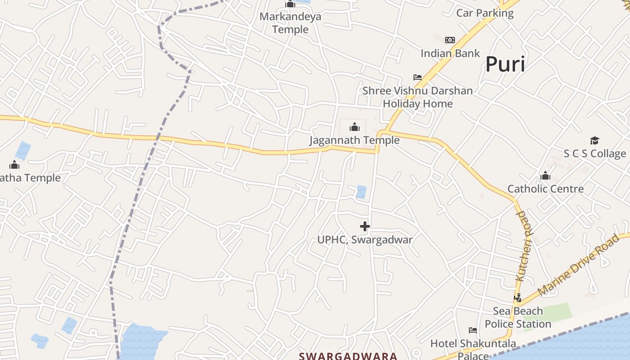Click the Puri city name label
(x=505, y=65)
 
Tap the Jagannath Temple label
(x=354, y=140)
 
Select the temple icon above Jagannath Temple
(x=355, y=127)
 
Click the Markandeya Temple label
(x=290, y=23)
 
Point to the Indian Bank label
(x=450, y=54)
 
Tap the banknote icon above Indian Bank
(x=450, y=40)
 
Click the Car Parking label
(x=485, y=13)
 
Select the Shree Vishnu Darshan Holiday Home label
(x=418, y=97)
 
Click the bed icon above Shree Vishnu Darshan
(x=418, y=77)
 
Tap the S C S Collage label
(x=594, y=154)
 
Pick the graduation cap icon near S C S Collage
(x=594, y=141)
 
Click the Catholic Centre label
(x=545, y=189)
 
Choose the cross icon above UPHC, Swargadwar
(x=365, y=226)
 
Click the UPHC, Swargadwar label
(x=365, y=240)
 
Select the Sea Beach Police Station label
(x=517, y=318)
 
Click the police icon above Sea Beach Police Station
(x=518, y=298)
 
